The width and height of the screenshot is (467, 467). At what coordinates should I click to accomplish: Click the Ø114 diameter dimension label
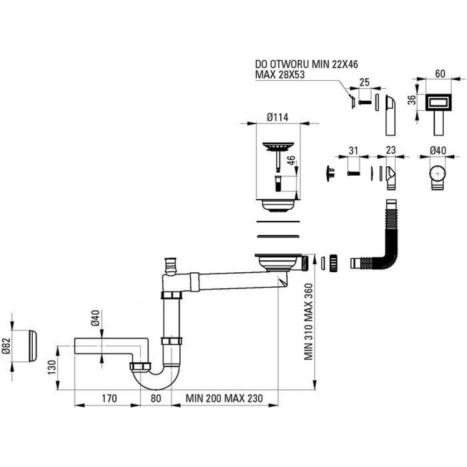pos(277,117)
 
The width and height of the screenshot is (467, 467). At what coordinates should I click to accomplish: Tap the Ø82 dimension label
pos(6,346)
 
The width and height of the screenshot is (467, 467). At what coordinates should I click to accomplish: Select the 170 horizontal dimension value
pos(109,398)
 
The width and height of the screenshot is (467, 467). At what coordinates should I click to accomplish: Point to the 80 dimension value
pos(156,398)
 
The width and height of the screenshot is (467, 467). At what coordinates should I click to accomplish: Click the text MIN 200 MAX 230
pos(224,398)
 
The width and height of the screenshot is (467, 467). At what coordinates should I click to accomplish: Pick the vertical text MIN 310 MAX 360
pos(309,321)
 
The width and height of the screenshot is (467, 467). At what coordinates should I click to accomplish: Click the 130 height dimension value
pos(52,367)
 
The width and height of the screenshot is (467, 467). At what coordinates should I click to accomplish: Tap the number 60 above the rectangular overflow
pos(440,74)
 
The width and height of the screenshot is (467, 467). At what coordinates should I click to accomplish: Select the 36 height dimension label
pos(411,99)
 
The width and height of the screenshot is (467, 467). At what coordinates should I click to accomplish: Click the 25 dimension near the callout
pos(365,82)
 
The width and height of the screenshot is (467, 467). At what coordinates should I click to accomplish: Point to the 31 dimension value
pos(353,151)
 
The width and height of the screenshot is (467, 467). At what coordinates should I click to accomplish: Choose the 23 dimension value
pos(390,150)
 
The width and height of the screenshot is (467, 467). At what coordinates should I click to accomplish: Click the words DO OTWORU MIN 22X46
pos(306,64)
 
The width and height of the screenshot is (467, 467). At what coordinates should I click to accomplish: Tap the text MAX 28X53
pos(280,74)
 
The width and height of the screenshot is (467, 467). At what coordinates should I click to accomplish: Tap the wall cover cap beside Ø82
pos(33,346)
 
